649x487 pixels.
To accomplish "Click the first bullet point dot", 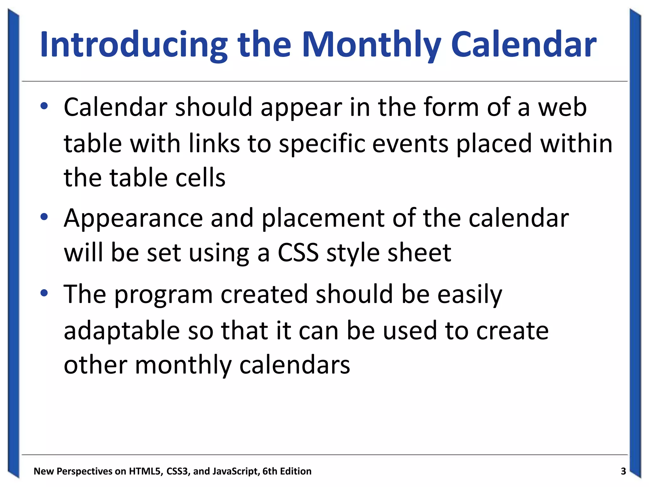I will tap(44, 106).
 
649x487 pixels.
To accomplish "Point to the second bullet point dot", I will tap(44, 217).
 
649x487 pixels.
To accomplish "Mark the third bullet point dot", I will tap(44, 293).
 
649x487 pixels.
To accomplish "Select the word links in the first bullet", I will tap(214, 143).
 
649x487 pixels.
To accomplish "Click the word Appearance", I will tap(133, 219).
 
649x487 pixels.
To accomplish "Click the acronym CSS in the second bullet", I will tap(298, 253).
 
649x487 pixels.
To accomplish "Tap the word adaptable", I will tap(122, 330).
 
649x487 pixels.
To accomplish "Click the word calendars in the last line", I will tap(294, 365).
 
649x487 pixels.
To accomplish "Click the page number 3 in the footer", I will tap(623, 471).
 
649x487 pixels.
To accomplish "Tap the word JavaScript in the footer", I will tap(236, 471).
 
